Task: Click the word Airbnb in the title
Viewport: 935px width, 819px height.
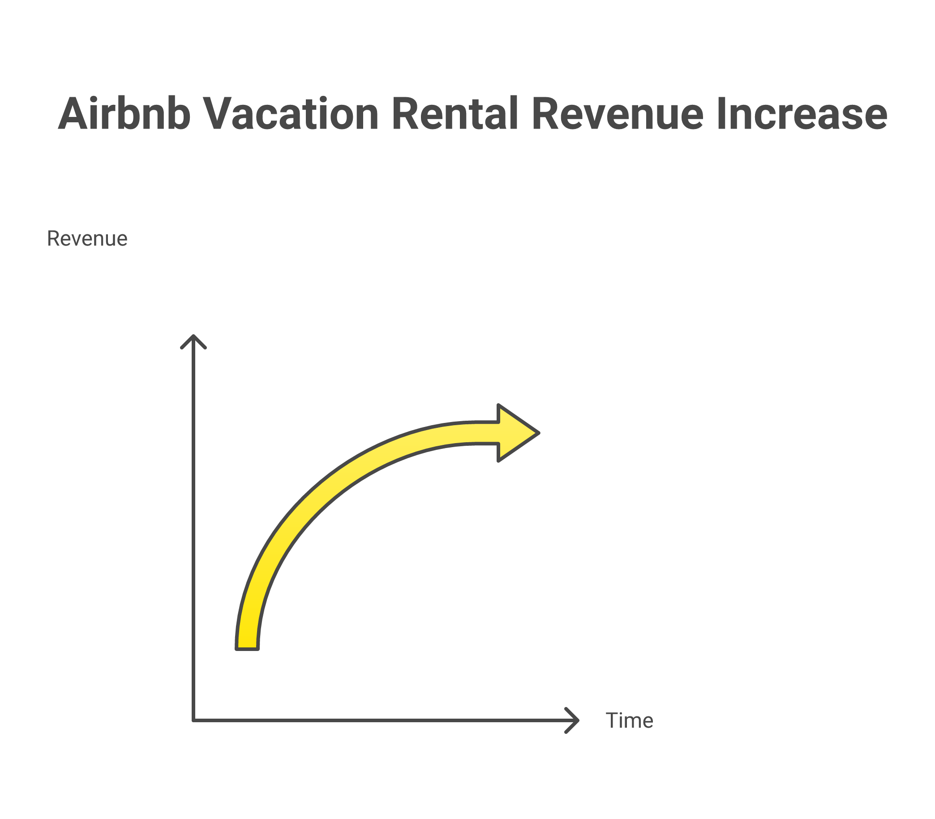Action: tap(124, 114)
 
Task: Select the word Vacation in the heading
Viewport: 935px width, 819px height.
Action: tap(290, 114)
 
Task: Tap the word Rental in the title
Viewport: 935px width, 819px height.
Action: tap(455, 114)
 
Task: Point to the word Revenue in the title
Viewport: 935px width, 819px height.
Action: tap(617, 114)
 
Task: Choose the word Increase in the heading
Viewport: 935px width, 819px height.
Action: tap(802, 114)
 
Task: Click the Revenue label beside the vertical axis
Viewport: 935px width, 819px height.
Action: tap(87, 238)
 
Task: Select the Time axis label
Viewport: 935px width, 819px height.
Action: tap(629, 721)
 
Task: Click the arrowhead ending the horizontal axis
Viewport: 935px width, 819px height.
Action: tap(574, 721)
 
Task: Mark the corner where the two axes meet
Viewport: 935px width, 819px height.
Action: tap(193, 721)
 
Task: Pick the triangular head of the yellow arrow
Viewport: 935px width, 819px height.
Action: tap(516, 433)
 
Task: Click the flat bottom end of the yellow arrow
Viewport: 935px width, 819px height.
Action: tap(247, 647)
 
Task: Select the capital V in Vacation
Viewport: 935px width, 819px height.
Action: tap(218, 114)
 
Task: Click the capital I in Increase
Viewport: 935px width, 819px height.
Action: tap(721, 114)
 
